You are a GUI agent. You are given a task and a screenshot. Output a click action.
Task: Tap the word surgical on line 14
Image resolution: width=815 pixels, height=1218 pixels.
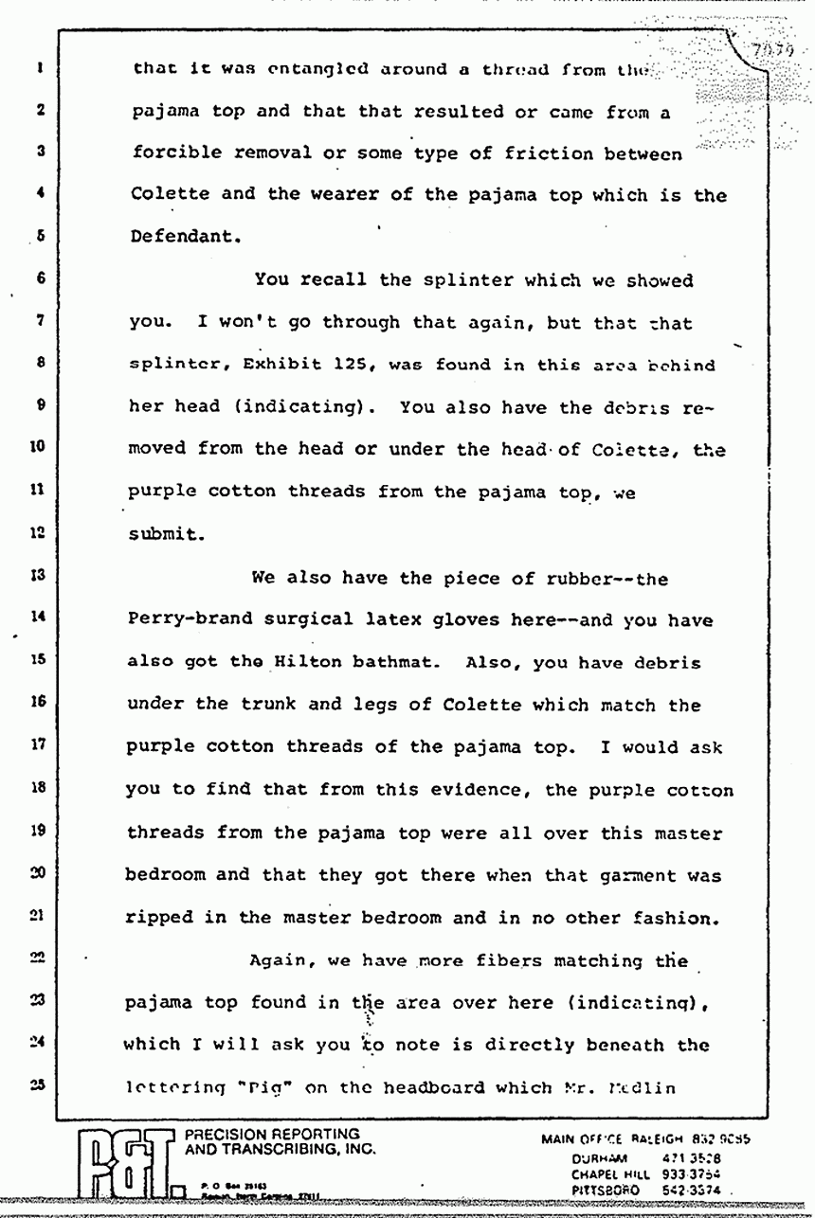(320, 620)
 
